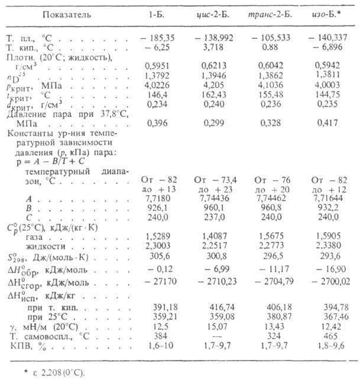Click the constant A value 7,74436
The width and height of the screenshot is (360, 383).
(215, 202)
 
